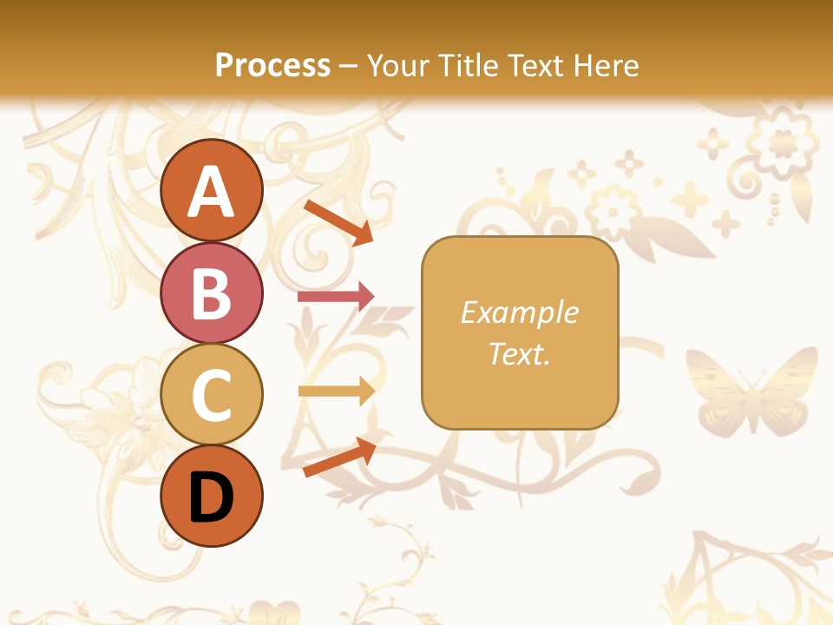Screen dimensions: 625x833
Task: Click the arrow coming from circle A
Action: (338, 221)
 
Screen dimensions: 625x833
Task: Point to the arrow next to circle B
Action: (336, 296)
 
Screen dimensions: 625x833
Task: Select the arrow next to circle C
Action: (336, 391)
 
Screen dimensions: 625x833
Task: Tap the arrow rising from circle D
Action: (339, 457)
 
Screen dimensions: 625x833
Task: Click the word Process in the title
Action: (272, 65)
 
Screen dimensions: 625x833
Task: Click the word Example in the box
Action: (519, 312)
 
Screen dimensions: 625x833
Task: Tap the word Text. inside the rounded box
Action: (519, 353)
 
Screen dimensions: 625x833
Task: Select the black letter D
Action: (212, 497)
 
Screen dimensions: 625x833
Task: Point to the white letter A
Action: (212, 192)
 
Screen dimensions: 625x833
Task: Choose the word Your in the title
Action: (399, 65)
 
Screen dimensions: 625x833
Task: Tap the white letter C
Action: (212, 395)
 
